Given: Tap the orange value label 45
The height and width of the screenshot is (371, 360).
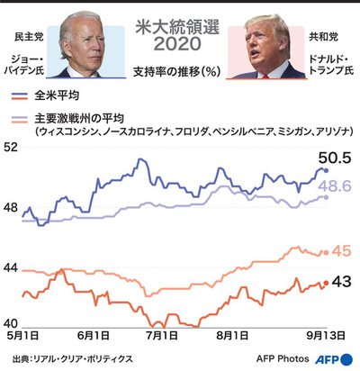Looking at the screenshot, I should (x=342, y=251).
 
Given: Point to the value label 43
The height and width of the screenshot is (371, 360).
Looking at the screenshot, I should (x=342, y=282).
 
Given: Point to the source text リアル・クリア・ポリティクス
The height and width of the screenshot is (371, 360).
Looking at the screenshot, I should (x=83, y=358).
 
